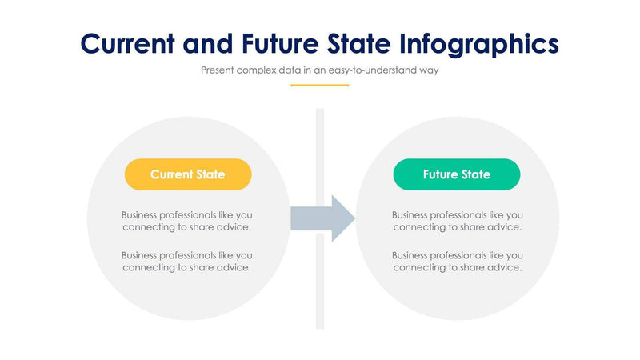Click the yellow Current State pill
point(188,174)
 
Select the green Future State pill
point(457,174)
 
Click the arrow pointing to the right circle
point(322,218)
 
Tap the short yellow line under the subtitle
point(319,86)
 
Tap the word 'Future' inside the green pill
point(441,174)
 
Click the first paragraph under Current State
point(188,221)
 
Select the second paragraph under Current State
point(188,261)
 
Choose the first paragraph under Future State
point(457,221)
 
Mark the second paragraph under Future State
point(457,261)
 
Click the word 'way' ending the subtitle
point(429,70)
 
